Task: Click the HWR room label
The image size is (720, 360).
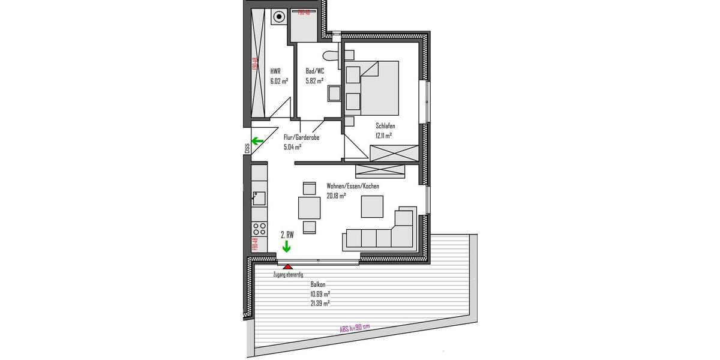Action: click(275, 70)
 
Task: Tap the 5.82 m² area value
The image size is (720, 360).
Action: click(314, 80)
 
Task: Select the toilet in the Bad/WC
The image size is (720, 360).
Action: click(330, 56)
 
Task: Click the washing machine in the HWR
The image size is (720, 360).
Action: click(279, 17)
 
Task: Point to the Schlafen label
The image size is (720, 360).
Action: click(385, 126)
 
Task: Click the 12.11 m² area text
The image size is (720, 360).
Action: click(383, 136)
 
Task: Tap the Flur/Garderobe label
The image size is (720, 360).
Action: click(301, 137)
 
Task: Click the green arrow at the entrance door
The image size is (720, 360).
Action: click(257, 142)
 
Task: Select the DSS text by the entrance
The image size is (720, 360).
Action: click(247, 148)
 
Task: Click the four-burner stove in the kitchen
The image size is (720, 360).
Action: click(260, 228)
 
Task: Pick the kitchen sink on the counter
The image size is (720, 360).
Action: click(259, 197)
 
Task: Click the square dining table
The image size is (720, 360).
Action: click(309, 208)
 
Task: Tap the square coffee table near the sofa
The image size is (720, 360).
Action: click(372, 206)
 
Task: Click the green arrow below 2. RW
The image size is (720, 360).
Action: click(287, 246)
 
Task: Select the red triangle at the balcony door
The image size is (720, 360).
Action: click(288, 266)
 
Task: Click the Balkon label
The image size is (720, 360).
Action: click(319, 284)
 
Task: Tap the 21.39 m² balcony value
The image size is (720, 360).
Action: click(320, 304)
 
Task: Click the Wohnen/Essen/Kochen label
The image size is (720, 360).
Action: click(352, 186)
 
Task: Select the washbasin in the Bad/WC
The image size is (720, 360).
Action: click(333, 94)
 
